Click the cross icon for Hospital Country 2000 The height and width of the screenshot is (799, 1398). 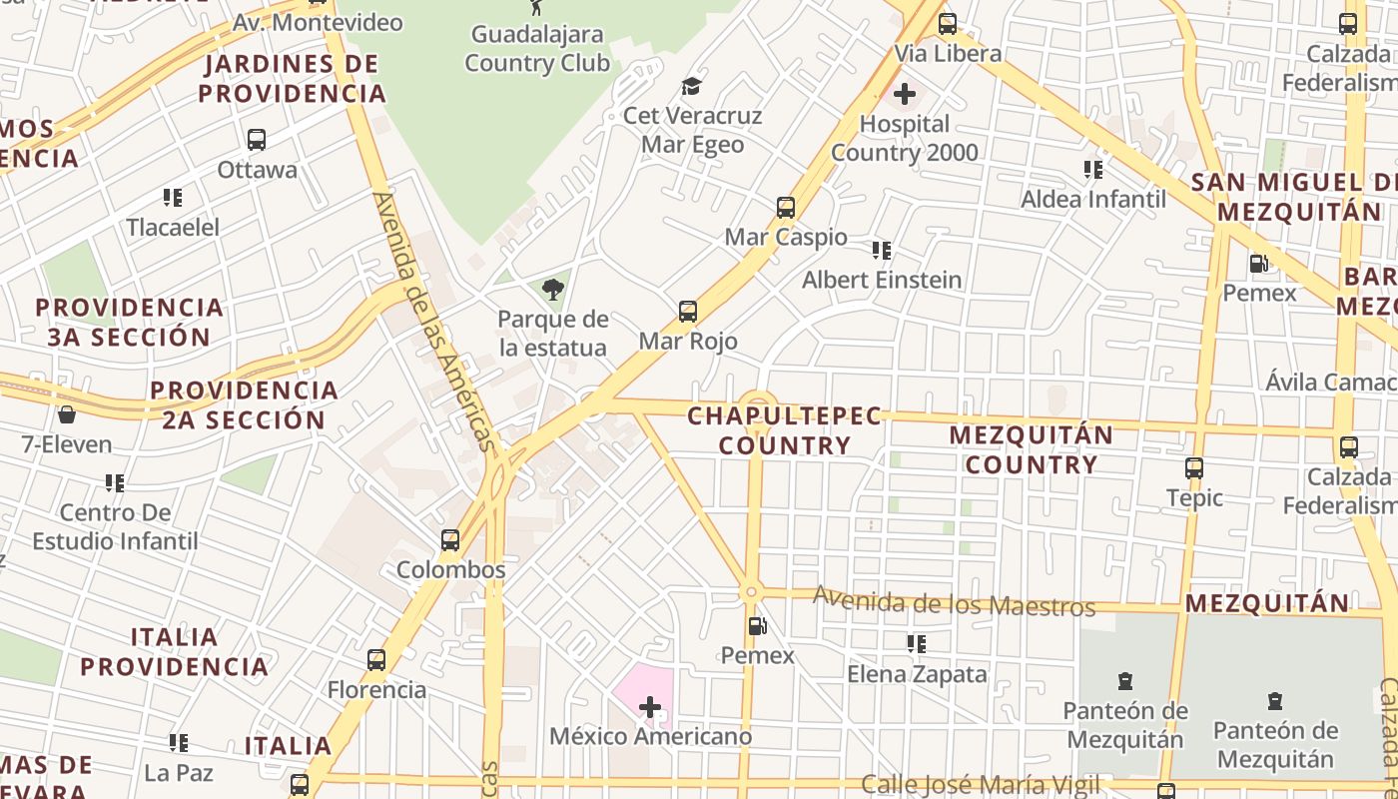905,94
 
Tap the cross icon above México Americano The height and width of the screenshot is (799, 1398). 650,707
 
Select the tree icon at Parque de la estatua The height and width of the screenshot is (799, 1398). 552,290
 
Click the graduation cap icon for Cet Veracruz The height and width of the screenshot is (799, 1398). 691,86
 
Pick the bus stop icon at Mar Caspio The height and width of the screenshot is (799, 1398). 786,208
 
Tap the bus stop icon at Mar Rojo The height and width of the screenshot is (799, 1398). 688,311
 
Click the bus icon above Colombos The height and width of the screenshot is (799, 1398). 450,540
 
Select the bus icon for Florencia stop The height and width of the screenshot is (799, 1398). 376,660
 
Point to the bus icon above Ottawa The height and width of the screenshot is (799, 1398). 257,140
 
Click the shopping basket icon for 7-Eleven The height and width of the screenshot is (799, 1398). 67,413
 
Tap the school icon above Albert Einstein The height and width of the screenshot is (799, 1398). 882,250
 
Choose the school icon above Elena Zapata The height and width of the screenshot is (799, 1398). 916,644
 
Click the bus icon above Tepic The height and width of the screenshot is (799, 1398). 1194,467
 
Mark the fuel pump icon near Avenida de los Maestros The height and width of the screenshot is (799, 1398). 758,626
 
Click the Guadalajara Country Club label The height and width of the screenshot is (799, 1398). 537,49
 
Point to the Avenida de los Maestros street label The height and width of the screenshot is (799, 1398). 954,602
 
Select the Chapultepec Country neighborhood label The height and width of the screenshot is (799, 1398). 785,430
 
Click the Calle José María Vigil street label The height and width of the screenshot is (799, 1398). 980,785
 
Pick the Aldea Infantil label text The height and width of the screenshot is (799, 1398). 1092,199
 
